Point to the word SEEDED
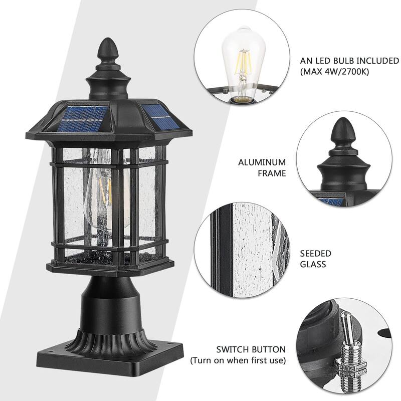click(315, 254)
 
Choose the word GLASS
click(313, 265)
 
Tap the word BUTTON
click(270, 349)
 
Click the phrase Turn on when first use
click(238, 360)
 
